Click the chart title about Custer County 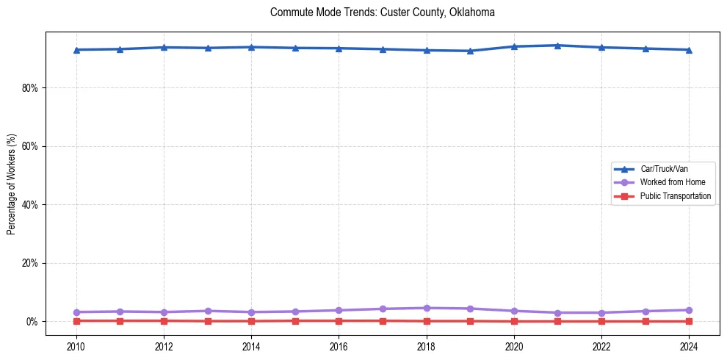coord(382,12)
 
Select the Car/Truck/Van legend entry coord(664,169)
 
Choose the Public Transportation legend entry coord(676,196)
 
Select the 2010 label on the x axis coord(76,345)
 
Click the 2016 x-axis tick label coord(339,345)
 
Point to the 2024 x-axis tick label coord(689,345)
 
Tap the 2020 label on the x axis coord(514,345)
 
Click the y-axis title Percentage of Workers coord(12,184)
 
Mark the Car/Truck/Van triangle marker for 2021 coord(557,46)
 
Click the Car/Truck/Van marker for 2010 coord(76,50)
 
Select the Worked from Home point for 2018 coord(427,308)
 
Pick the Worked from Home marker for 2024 coord(689,310)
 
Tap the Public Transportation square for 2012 coord(164,320)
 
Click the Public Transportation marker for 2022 coord(601,321)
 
